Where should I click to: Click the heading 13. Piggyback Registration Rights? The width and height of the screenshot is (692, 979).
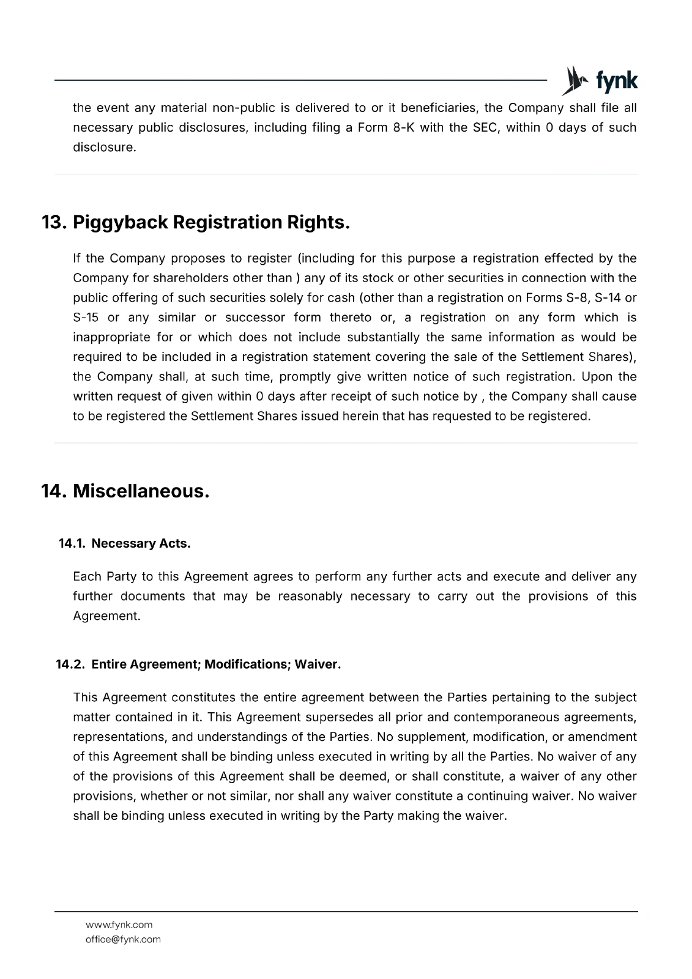click(x=196, y=222)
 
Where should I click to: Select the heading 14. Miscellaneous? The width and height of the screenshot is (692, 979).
click(x=125, y=491)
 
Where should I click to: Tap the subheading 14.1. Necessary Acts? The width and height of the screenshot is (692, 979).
click(x=125, y=543)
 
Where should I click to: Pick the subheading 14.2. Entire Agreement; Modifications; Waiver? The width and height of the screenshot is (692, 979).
click(x=198, y=664)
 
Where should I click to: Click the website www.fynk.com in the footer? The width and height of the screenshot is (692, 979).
click(x=119, y=925)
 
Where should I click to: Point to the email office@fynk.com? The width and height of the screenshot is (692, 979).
click(x=123, y=939)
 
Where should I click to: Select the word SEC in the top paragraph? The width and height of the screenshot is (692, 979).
click(x=482, y=128)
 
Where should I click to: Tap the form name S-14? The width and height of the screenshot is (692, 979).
click(x=608, y=298)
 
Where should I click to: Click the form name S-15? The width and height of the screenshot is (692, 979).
click(x=86, y=318)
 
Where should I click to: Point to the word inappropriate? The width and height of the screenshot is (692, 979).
click(x=111, y=337)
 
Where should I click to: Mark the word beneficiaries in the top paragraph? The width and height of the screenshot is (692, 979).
click(x=438, y=108)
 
